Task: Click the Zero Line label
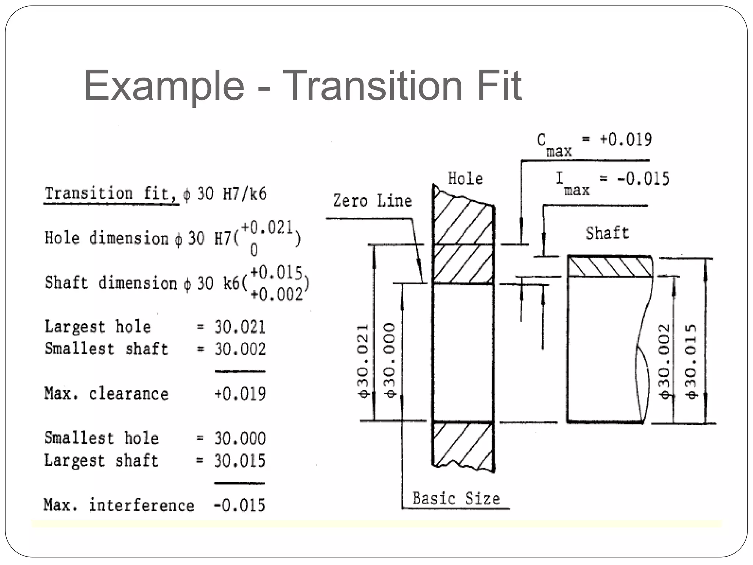(372, 201)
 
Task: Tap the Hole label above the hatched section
(465, 179)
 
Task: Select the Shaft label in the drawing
(607, 233)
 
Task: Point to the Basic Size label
(456, 498)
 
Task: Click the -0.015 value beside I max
(643, 179)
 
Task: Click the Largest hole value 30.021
(240, 327)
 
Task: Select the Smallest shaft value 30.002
(240, 349)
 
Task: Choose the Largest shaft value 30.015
(240, 461)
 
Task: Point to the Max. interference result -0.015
(239, 505)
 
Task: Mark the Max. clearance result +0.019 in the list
(240, 394)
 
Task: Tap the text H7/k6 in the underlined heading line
(245, 194)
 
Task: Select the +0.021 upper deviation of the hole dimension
(267, 228)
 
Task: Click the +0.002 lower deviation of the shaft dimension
(276, 294)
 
